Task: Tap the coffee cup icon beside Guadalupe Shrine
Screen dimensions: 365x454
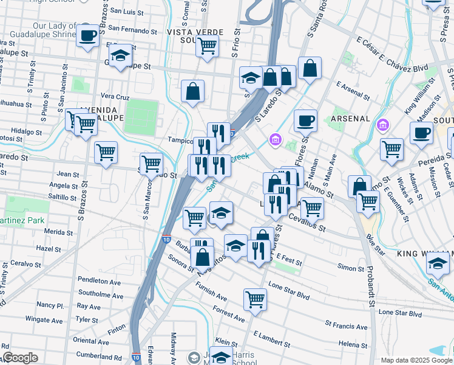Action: (88, 36)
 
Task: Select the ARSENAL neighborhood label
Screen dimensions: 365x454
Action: (350, 118)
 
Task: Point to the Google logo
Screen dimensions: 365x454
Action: (19, 358)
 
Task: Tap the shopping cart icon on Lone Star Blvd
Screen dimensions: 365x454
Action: (255, 299)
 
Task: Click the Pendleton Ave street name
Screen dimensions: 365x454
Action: (100, 281)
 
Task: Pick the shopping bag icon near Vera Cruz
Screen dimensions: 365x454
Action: (192, 92)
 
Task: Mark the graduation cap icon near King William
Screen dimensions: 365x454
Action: (437, 263)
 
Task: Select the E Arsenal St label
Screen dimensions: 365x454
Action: (353, 91)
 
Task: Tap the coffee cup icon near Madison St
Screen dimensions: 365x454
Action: (421, 133)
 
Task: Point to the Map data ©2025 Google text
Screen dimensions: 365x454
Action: (416, 360)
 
